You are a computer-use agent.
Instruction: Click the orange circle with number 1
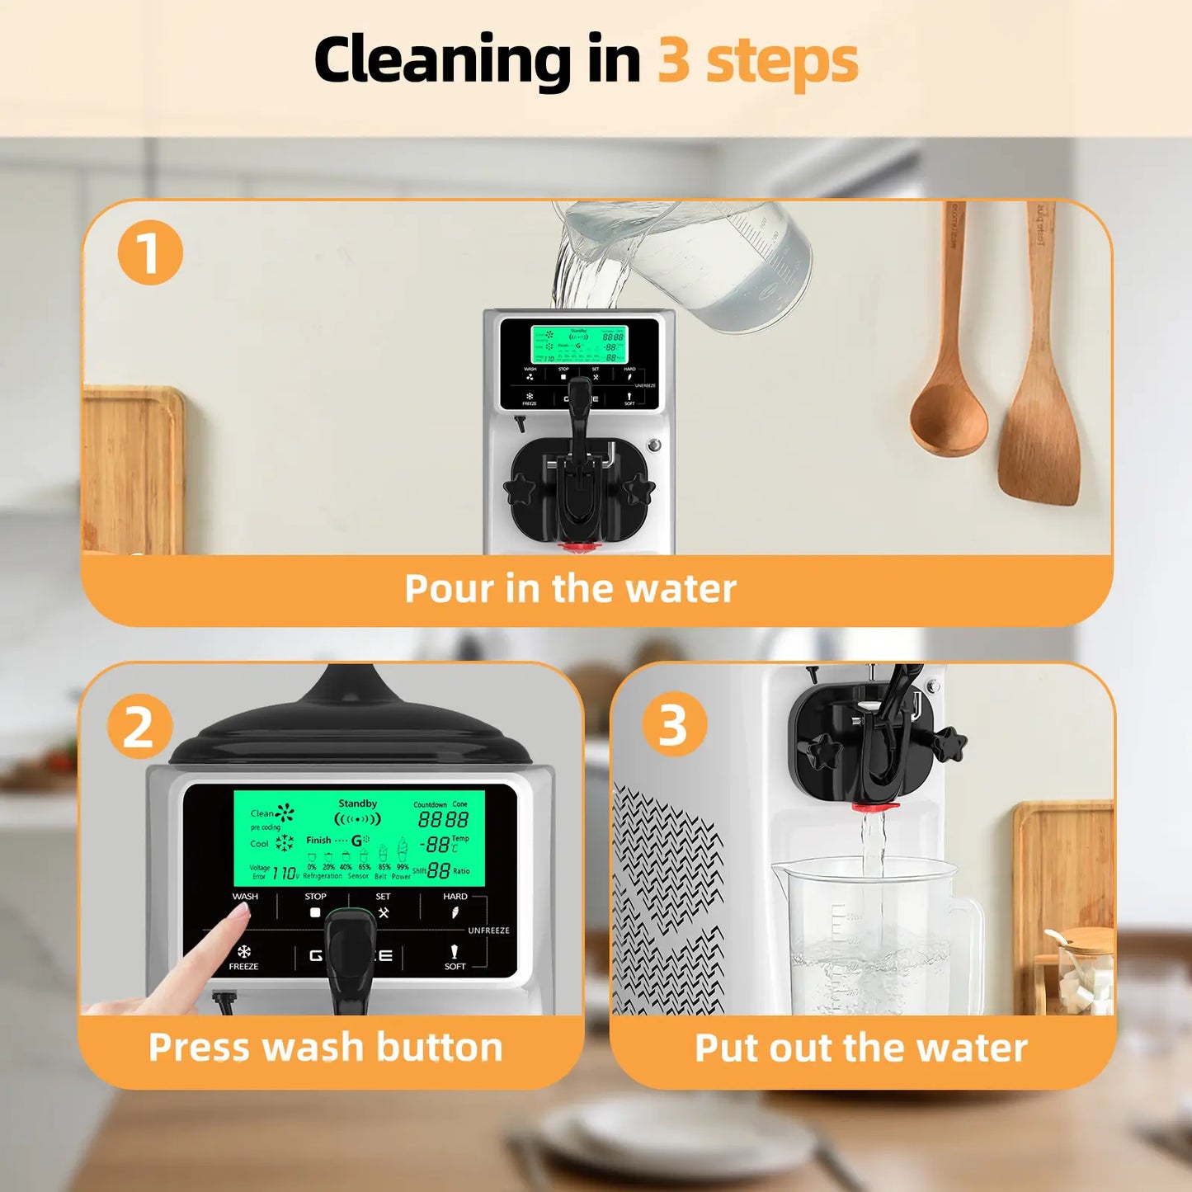click(x=149, y=252)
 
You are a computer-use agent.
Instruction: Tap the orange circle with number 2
click(x=139, y=727)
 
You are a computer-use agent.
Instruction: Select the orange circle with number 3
click(x=674, y=724)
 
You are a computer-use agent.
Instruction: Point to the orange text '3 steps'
click(x=757, y=62)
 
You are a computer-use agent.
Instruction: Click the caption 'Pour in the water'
click(x=570, y=589)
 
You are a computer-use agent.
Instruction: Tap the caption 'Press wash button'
click(x=325, y=1048)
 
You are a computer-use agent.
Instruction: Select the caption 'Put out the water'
click(x=860, y=1048)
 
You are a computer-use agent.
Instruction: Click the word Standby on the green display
click(x=357, y=803)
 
